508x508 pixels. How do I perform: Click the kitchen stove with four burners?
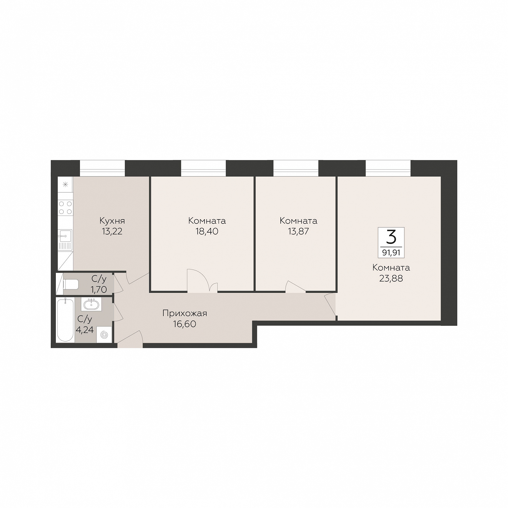[65, 208]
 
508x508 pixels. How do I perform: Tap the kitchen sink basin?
[65, 235]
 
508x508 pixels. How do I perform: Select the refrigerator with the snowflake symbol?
[65, 184]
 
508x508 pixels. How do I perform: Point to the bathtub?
[65, 320]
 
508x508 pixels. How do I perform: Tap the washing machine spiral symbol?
[104, 335]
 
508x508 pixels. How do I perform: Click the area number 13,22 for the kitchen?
[112, 231]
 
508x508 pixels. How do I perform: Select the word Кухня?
[112, 221]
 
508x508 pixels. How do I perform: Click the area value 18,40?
[207, 231]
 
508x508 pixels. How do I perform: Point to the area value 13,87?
[299, 231]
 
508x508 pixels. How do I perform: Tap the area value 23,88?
[391, 278]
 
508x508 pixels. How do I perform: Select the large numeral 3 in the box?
[391, 237]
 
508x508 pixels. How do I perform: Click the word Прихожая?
[185, 314]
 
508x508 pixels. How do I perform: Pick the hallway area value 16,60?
[185, 324]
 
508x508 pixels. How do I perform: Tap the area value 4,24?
[85, 330]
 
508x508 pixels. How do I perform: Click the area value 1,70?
[99, 289]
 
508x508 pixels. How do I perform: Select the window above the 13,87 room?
[296, 168]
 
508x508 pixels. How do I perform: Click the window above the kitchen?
[102, 168]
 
